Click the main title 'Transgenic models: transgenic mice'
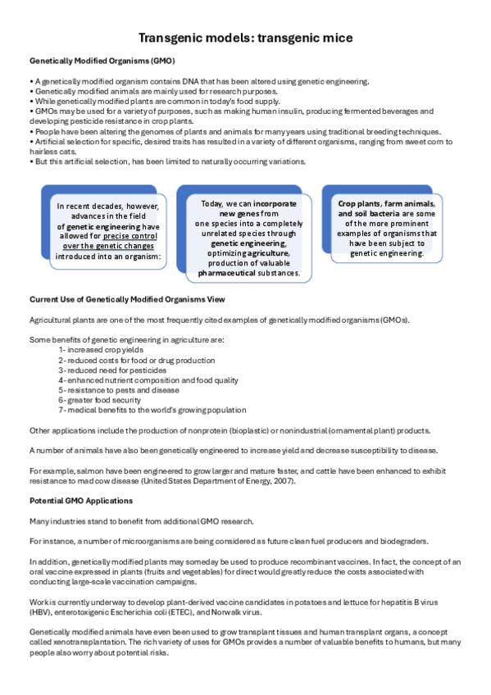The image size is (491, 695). point(245,39)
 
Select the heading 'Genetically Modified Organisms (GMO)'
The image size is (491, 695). point(102,61)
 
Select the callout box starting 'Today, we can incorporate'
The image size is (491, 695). point(247,237)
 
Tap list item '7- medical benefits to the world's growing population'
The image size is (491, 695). point(152,410)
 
